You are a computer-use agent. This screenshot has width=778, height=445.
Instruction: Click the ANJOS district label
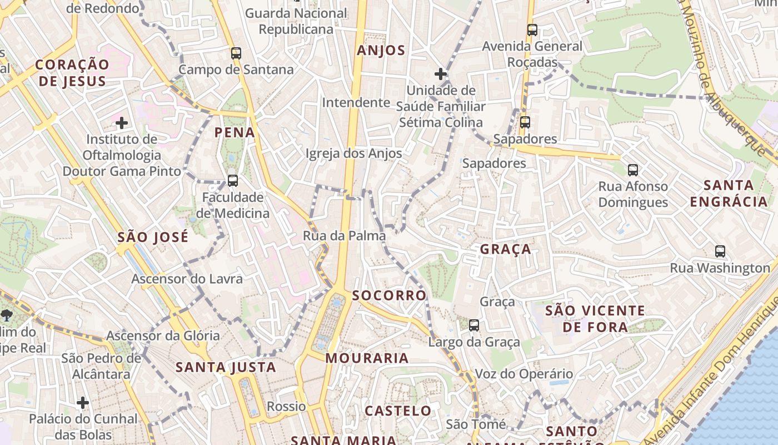click(381, 51)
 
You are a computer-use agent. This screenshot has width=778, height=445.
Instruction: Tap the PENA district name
click(235, 132)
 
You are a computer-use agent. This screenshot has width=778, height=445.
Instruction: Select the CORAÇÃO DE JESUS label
click(72, 73)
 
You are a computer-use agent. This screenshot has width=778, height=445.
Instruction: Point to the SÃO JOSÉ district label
click(153, 238)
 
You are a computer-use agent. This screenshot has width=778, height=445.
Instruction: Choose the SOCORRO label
click(389, 295)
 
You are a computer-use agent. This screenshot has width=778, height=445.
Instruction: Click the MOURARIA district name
click(367, 358)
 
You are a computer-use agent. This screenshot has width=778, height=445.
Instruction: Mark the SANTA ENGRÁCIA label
click(729, 193)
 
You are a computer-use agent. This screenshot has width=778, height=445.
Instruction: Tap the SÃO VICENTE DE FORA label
click(595, 319)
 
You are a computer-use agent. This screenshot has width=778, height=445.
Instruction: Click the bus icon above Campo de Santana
click(236, 53)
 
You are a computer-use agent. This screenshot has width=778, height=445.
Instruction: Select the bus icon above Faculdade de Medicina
click(233, 181)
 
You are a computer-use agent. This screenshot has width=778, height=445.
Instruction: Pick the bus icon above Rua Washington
click(720, 251)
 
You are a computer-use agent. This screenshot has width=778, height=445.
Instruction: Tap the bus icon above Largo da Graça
click(474, 325)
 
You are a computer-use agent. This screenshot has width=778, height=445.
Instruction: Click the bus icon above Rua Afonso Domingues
click(633, 170)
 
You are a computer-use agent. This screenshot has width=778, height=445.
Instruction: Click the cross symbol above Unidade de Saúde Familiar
click(441, 73)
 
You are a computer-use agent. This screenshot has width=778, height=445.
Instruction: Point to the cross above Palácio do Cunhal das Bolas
click(83, 402)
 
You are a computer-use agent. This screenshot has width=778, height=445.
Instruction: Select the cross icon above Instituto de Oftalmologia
click(122, 122)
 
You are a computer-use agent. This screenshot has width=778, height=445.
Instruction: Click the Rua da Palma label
click(344, 236)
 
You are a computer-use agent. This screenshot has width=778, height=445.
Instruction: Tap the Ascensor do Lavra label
click(187, 279)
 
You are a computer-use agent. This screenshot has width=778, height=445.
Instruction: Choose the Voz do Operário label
click(523, 374)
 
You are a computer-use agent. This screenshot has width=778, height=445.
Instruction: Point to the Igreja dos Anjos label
click(353, 154)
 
